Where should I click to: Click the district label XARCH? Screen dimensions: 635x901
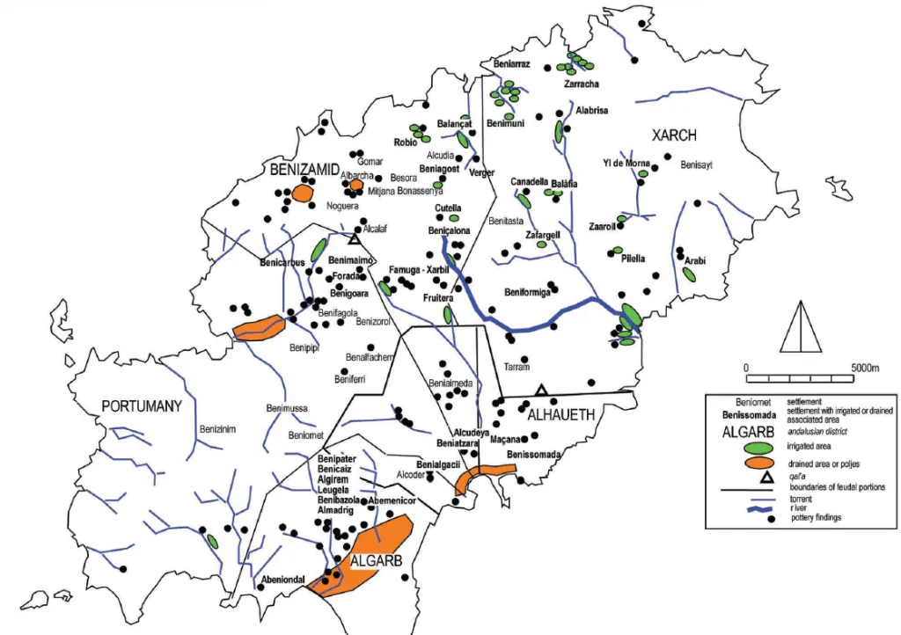coord(673,135)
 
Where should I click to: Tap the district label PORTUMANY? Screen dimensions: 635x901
coord(141,406)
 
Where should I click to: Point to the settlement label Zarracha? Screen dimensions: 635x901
coord(581,84)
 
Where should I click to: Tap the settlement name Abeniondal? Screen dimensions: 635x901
coord(282,580)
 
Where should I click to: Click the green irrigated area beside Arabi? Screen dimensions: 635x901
coord(689,274)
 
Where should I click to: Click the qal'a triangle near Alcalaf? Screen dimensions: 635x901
coord(354,238)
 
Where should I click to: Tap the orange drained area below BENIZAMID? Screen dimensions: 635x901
coord(304,193)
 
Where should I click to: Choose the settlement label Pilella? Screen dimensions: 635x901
coord(633,259)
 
